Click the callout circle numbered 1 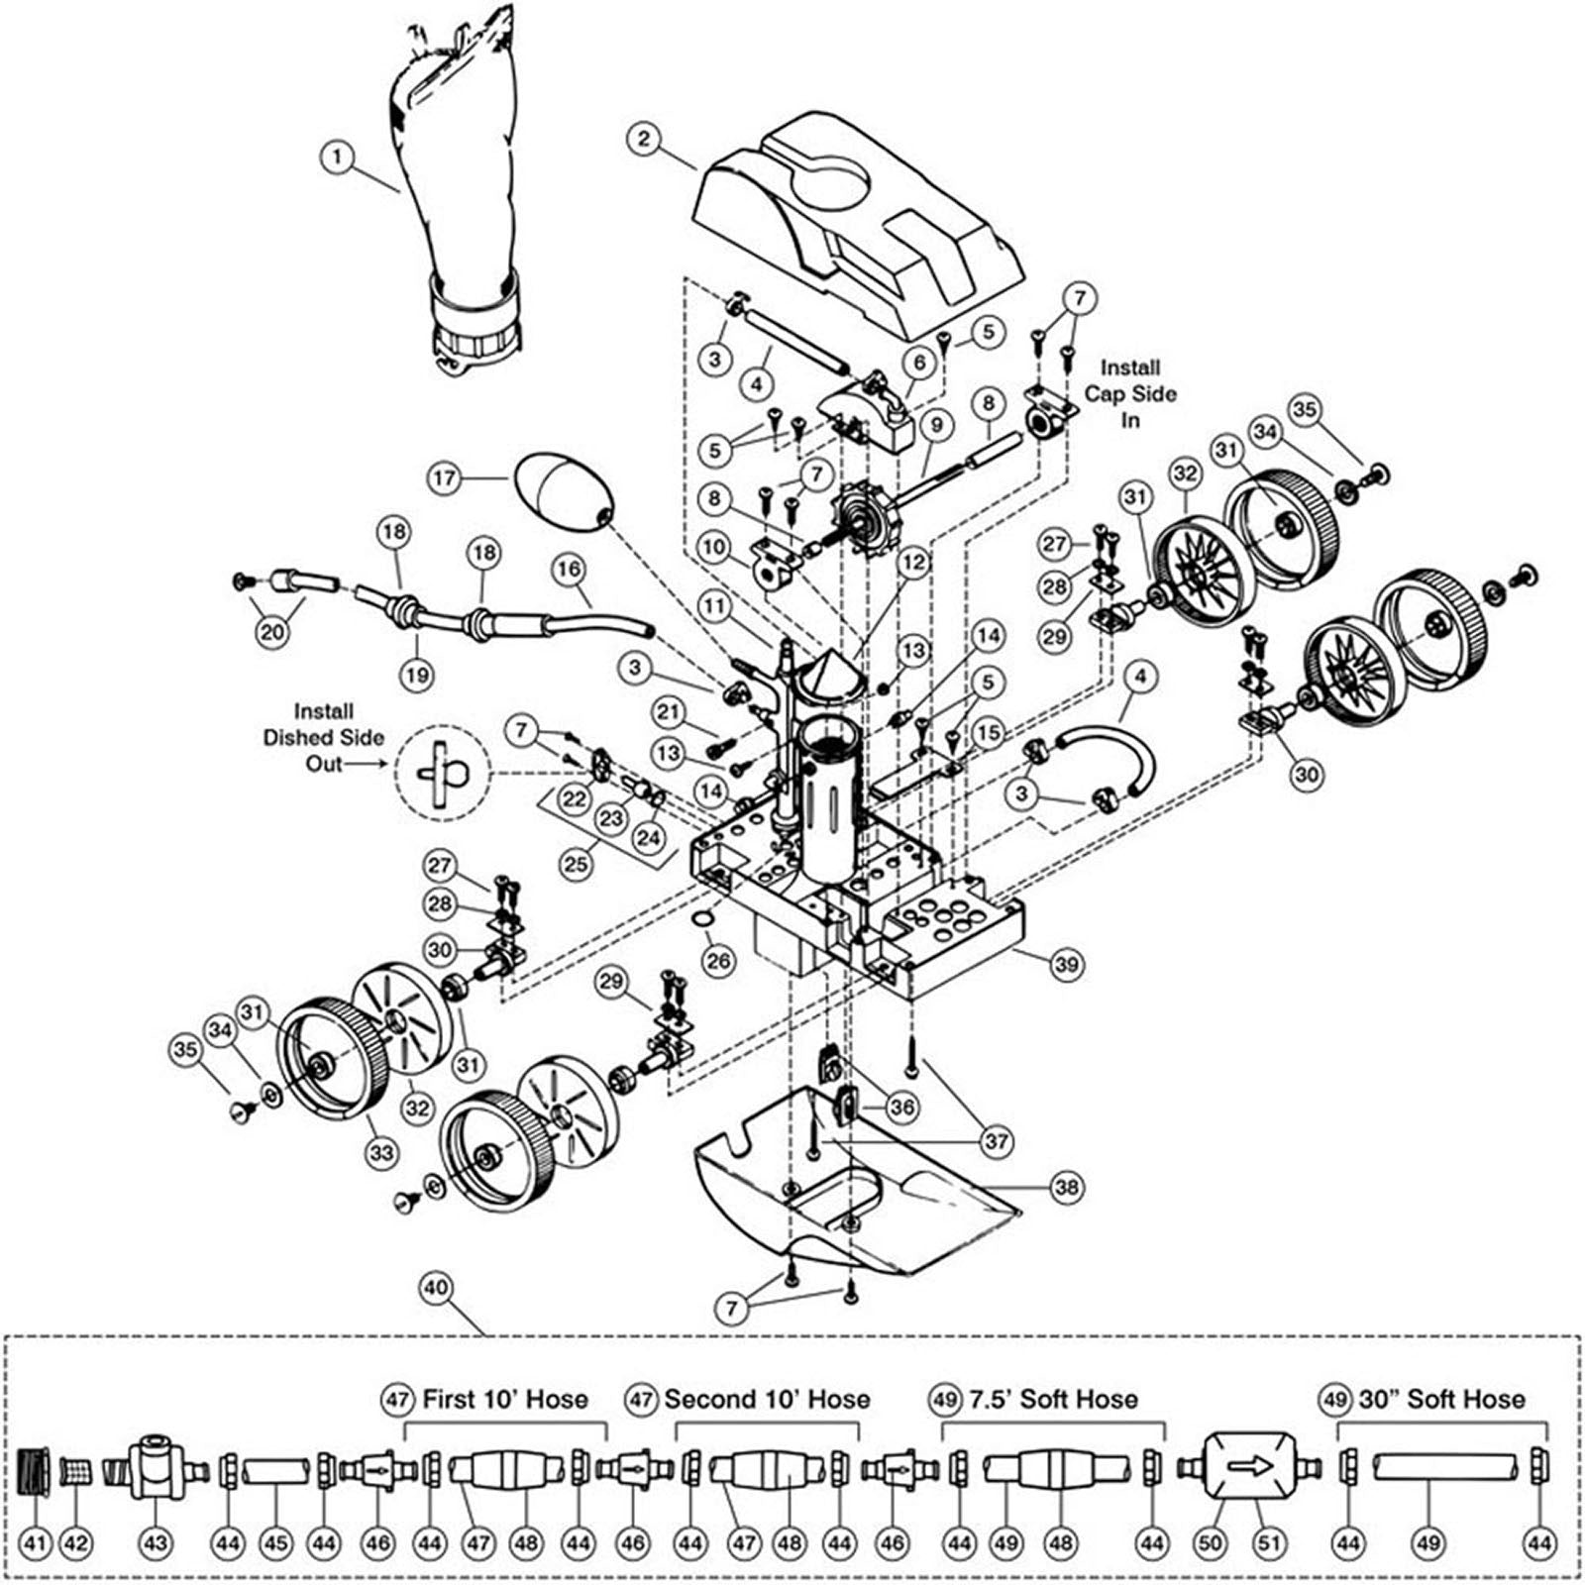pyautogui.click(x=338, y=157)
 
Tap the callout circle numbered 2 pyautogui.click(x=644, y=138)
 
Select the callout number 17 pyautogui.click(x=445, y=478)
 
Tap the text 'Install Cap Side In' pyautogui.click(x=1129, y=393)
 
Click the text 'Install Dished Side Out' pyautogui.click(x=323, y=737)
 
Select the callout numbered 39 pyautogui.click(x=1066, y=964)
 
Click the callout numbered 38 pyautogui.click(x=1066, y=1187)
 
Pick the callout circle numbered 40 pyautogui.click(x=436, y=1288)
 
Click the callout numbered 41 pyautogui.click(x=35, y=1542)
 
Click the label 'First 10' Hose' pyautogui.click(x=504, y=1399)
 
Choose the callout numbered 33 pyautogui.click(x=381, y=1152)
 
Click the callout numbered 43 pyautogui.click(x=156, y=1542)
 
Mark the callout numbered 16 pyautogui.click(x=569, y=570)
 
